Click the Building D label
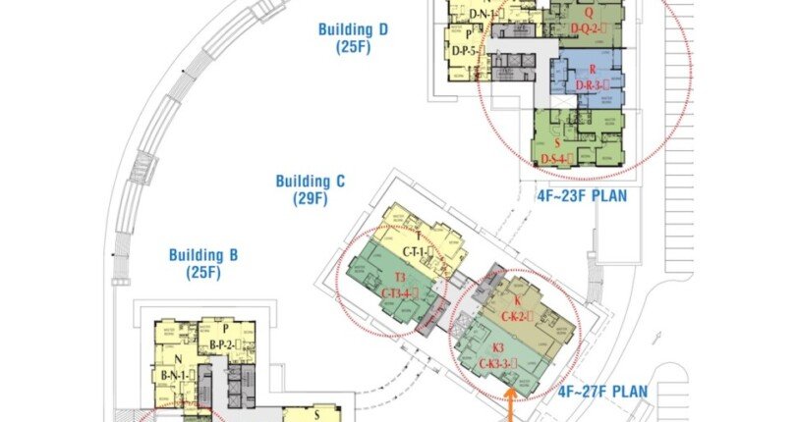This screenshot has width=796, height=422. click(354, 29)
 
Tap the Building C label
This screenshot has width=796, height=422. click(311, 182)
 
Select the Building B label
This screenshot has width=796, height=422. click(203, 255)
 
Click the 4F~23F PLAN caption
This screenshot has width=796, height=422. click(582, 195)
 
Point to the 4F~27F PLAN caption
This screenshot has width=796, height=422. click(603, 392)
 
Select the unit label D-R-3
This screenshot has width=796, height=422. click(594, 86)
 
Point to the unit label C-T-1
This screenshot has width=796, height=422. click(414, 253)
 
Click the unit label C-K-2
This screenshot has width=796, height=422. click(517, 316)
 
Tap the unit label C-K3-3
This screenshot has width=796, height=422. click(498, 365)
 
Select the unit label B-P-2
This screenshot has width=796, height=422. click(227, 345)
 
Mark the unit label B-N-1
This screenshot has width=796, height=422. click(181, 375)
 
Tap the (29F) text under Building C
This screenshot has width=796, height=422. click(311, 199)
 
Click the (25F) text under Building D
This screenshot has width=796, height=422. click(354, 47)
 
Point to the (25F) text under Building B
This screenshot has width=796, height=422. click(203, 273)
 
